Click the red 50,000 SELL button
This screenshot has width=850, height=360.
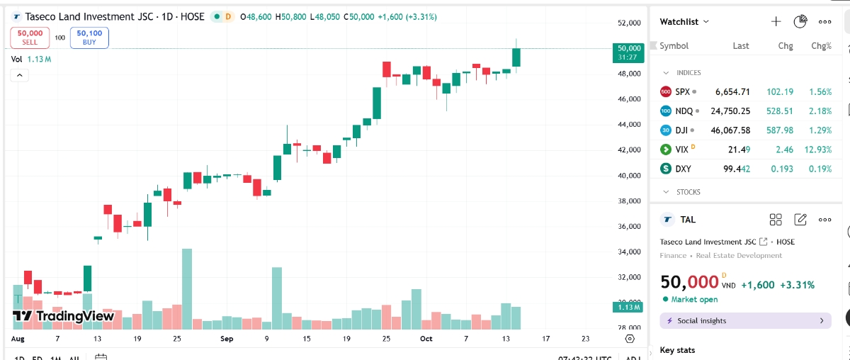(x=30, y=38)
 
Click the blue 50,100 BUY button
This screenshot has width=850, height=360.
(x=89, y=38)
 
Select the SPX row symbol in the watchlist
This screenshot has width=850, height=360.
(x=682, y=91)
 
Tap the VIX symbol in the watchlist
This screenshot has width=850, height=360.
(x=681, y=150)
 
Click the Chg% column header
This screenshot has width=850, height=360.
(x=821, y=45)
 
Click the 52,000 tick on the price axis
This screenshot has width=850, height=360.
(x=628, y=23)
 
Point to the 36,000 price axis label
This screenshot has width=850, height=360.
(x=628, y=227)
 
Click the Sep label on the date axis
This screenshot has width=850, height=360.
(x=227, y=339)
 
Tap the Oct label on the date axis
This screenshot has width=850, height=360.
(x=425, y=339)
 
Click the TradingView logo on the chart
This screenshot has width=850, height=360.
(x=64, y=316)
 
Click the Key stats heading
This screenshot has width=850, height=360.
(x=677, y=350)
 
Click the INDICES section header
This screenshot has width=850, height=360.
(x=688, y=73)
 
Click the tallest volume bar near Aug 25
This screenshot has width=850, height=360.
(x=187, y=288)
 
